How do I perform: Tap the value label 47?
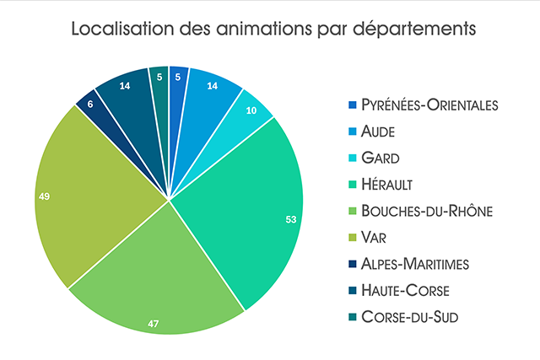(154, 322)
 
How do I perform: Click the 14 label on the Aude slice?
(212, 85)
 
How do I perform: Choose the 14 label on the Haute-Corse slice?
(124, 85)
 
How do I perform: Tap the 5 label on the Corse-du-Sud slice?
(160, 76)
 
